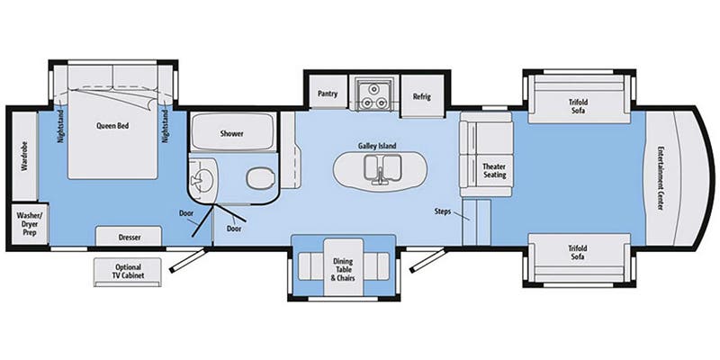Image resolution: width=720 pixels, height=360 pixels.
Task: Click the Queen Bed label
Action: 113,126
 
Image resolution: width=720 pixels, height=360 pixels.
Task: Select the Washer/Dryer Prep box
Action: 24,223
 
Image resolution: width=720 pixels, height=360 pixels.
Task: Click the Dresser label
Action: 129,238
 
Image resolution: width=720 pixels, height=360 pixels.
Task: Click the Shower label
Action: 232,133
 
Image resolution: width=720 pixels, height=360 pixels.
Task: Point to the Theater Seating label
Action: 495,170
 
